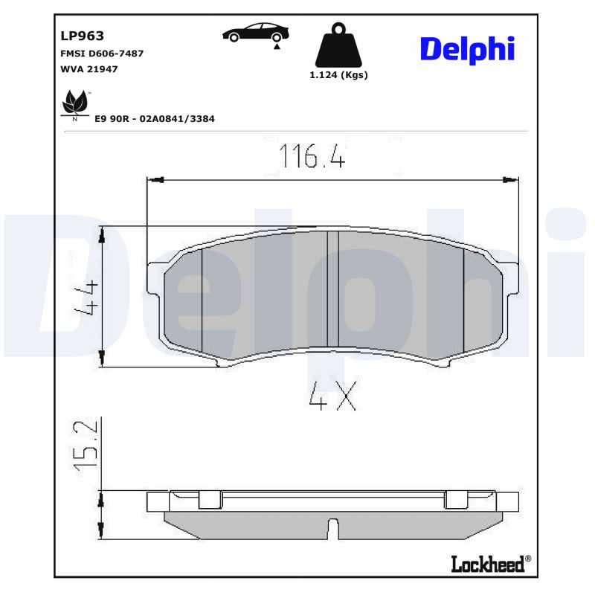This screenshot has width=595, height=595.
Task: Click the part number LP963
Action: (x=81, y=36)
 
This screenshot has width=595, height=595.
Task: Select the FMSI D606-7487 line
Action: (x=101, y=54)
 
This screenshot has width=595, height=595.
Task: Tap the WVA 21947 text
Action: (x=89, y=68)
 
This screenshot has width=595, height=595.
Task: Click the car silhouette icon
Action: (x=257, y=33)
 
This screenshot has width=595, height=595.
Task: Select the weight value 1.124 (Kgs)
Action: (x=338, y=74)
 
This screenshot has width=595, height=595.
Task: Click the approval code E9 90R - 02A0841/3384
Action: (x=155, y=118)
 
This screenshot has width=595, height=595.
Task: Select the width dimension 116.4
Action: (x=312, y=156)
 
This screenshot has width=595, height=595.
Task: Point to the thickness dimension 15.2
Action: (x=87, y=444)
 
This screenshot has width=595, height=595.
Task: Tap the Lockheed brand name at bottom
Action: (x=487, y=564)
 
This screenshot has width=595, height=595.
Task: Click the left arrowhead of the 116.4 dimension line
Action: (x=155, y=179)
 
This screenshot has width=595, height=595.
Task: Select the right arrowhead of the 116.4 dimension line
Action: (x=511, y=179)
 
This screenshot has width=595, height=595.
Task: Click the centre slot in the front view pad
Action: (x=332, y=289)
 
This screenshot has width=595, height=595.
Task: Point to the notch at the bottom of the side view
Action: (x=332, y=530)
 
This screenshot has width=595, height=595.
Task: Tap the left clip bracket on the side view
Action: (x=210, y=500)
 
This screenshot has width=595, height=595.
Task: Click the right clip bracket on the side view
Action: (x=455, y=500)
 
